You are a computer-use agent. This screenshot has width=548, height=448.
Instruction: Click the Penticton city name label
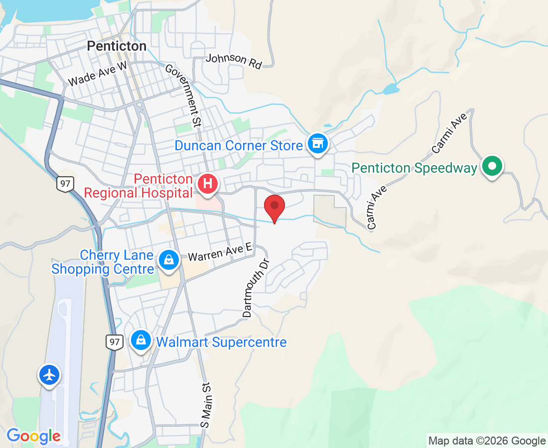[117, 46]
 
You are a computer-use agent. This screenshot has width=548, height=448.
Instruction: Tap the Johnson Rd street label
[234, 61]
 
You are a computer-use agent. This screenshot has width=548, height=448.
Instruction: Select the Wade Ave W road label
[98, 74]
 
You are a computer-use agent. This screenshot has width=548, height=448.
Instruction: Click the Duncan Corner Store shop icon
[317, 144]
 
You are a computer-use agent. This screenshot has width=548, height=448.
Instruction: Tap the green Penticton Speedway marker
[492, 167]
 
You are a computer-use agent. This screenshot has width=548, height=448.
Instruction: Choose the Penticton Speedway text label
[414, 168]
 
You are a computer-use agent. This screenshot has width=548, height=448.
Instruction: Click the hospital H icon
[208, 184]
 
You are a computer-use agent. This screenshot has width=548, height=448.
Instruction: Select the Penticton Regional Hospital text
[138, 186]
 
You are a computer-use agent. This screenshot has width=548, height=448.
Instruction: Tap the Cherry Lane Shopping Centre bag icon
[169, 260]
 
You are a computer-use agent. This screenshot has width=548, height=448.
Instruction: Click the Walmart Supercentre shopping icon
[141, 340]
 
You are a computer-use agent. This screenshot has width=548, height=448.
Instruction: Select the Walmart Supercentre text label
[222, 342]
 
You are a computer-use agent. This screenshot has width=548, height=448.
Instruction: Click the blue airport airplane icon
[49, 375]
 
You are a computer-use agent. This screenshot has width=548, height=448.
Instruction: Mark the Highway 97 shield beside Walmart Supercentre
[114, 342]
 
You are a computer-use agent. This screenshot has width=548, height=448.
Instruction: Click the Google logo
[33, 436]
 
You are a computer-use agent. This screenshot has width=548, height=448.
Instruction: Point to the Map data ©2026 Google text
[487, 441]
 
